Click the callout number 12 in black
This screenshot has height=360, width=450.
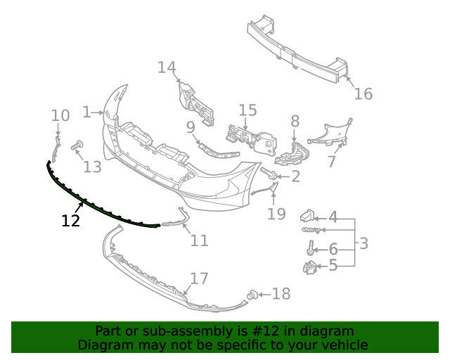(x=70, y=221)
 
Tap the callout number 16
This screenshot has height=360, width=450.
(x=363, y=94)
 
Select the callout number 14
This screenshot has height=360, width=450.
(x=167, y=67)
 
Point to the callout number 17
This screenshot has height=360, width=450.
(x=200, y=278)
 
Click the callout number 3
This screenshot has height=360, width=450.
(x=364, y=243)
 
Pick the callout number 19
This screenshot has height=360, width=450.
(x=276, y=213)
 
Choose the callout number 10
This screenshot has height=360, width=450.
(x=60, y=115)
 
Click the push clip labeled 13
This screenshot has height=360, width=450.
(x=77, y=146)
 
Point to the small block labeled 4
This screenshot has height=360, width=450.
(x=308, y=215)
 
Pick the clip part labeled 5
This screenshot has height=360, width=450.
(x=309, y=267)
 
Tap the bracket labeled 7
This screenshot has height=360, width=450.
(x=330, y=135)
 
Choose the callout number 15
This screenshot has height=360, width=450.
(x=247, y=110)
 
